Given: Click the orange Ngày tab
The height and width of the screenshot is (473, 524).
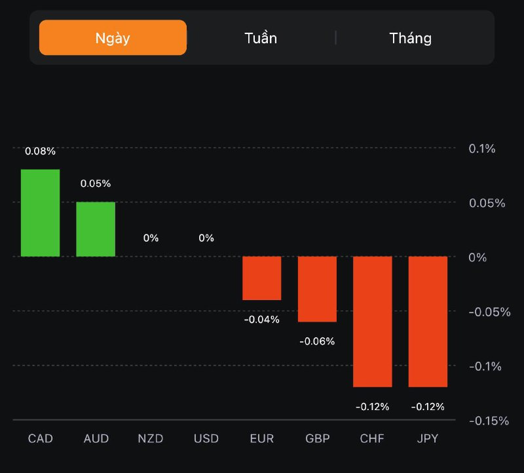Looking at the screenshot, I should coord(113,37).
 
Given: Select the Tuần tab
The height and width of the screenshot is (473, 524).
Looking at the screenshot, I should coord(261,38).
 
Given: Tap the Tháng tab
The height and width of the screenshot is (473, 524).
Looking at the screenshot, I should coord(411,38).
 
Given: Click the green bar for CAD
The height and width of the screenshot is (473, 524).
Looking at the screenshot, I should coord(40,213).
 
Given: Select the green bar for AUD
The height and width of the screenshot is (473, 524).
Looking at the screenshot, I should coord(96,229).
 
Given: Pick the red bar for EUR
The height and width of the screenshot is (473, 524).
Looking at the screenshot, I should coord(262,278).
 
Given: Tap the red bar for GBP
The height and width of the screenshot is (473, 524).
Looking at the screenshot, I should coord(317,289).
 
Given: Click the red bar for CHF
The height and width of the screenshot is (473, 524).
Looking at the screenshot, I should coord(373,321).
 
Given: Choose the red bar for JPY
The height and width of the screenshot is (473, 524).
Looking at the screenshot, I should coord(428,321).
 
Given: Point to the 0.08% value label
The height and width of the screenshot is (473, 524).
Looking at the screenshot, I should coord(40,151).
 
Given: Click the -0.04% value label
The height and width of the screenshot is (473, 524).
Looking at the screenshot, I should coord(262,320).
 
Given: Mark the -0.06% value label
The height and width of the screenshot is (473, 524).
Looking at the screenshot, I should coord(317,341).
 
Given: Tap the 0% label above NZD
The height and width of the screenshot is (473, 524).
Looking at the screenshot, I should coord(151,238).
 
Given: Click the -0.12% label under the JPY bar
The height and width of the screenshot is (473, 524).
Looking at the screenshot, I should coord(428,407).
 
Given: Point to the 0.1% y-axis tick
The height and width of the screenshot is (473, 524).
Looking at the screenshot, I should coord(482,149).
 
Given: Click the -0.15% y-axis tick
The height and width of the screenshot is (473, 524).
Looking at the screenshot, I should coord(489,421).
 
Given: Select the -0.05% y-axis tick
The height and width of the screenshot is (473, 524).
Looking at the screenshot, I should coord(489,312).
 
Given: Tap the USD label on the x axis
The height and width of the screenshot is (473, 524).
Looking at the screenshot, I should coord(206,438).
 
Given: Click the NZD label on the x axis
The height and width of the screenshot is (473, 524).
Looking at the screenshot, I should coord(151,438).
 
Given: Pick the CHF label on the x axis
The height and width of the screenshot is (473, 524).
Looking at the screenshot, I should coord(373,438).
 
